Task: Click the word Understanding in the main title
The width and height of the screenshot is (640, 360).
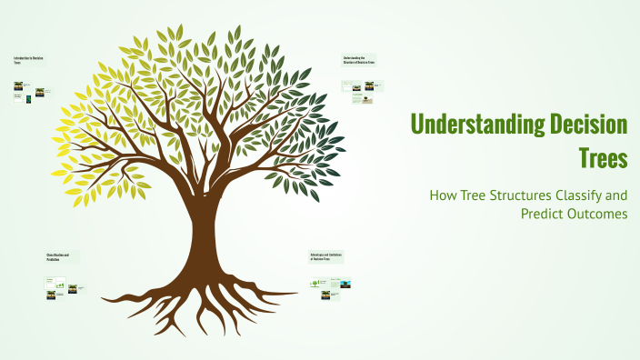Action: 473,125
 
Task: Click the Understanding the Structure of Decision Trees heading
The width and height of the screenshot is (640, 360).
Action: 358,60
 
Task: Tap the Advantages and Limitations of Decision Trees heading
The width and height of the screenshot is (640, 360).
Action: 326,256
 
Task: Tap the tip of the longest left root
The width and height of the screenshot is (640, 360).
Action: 102,299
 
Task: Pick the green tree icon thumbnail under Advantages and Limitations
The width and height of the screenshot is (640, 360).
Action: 315,283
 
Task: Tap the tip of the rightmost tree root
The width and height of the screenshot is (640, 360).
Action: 299,294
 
